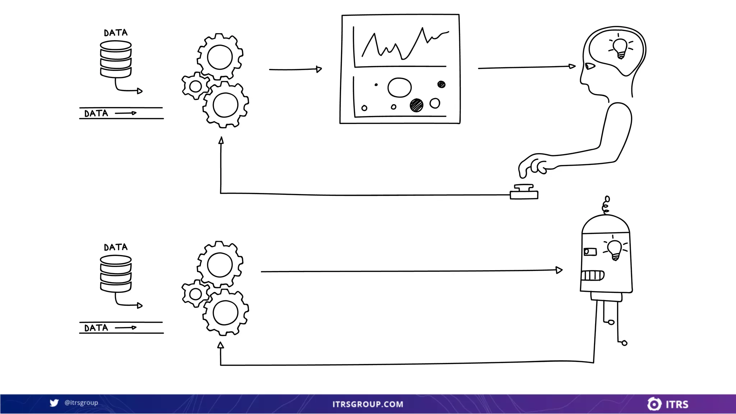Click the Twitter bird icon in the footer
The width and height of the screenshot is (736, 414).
point(54,403)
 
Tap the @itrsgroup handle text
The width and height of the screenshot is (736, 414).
point(81,402)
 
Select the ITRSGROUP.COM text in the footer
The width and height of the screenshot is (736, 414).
point(368,404)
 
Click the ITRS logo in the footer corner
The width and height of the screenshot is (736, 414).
point(668,404)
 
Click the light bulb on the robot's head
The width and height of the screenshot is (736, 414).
point(615,249)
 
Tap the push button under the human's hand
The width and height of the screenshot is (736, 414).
point(524,192)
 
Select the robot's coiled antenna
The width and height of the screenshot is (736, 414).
point(606,205)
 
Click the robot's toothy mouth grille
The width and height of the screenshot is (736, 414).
point(592,275)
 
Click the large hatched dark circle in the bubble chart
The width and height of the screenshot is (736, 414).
point(417,105)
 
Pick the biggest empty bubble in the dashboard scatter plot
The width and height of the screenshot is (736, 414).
point(399,87)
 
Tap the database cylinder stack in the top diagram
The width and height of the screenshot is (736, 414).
point(116,59)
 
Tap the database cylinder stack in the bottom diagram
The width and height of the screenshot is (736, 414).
point(116,274)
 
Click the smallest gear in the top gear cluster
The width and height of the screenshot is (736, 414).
point(195,86)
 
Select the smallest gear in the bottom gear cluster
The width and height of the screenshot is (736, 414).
point(195,294)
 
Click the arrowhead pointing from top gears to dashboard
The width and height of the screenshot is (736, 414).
point(319,69)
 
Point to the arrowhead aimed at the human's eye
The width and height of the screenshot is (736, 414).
point(572,66)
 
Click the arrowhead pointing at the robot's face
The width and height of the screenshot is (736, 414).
point(559,270)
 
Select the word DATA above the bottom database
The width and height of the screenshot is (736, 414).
point(116,247)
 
